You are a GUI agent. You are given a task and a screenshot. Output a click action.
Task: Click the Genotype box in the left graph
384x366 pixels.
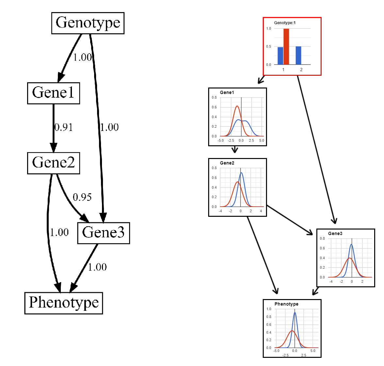[x=88, y=23]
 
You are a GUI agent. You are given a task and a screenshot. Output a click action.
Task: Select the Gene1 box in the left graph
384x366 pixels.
[x=54, y=93]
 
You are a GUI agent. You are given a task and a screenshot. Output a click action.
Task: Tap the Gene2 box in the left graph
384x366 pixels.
[x=54, y=163]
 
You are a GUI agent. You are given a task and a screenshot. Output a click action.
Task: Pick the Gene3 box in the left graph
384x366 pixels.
[x=103, y=233]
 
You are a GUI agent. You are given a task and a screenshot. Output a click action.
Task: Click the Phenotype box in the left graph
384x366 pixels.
[x=64, y=303]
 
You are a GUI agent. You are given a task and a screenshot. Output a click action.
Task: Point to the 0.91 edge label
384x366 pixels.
[x=64, y=127]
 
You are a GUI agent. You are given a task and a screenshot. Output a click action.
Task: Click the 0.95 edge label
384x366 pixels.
[x=82, y=197]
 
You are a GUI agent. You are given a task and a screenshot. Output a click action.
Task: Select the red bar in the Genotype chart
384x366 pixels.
[x=286, y=47]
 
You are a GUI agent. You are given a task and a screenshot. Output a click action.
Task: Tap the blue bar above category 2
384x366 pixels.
[x=298, y=56]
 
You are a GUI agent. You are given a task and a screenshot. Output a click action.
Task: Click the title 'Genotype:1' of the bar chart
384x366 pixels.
[x=285, y=23]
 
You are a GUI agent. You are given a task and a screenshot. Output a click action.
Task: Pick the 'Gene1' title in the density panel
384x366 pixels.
[x=227, y=93]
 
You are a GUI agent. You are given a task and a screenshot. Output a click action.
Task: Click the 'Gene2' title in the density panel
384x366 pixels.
[x=227, y=163]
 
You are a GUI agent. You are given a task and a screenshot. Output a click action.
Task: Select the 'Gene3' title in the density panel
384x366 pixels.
[x=335, y=234]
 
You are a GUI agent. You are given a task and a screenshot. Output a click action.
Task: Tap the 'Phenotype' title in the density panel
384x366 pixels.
[x=286, y=304]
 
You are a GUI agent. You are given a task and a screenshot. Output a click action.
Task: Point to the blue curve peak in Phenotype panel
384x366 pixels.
[x=295, y=313]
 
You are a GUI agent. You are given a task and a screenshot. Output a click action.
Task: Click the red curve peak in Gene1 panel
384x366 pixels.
[x=237, y=106]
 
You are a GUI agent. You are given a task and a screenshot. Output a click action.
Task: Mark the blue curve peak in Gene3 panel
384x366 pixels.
[x=351, y=244]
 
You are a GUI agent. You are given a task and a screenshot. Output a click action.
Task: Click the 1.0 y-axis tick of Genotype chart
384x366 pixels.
[x=269, y=29]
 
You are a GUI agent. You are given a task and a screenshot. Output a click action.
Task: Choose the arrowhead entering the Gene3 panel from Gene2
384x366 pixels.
[x=310, y=233]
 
